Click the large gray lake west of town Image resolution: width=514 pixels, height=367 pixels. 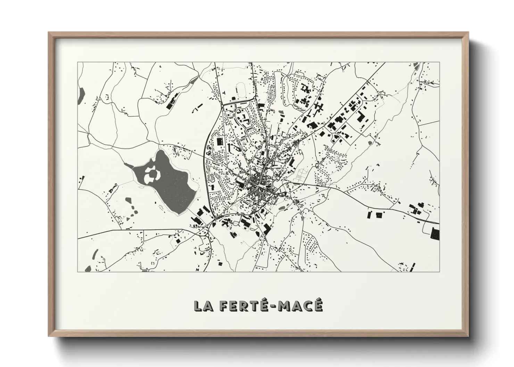pyautogui.click(x=170, y=184)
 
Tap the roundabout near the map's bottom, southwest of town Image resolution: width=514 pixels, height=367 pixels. pyautogui.click(x=207, y=236)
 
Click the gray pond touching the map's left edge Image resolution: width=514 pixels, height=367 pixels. pyautogui.click(x=82, y=93)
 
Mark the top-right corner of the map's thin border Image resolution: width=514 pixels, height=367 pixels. pyautogui.click(x=439, y=62)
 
